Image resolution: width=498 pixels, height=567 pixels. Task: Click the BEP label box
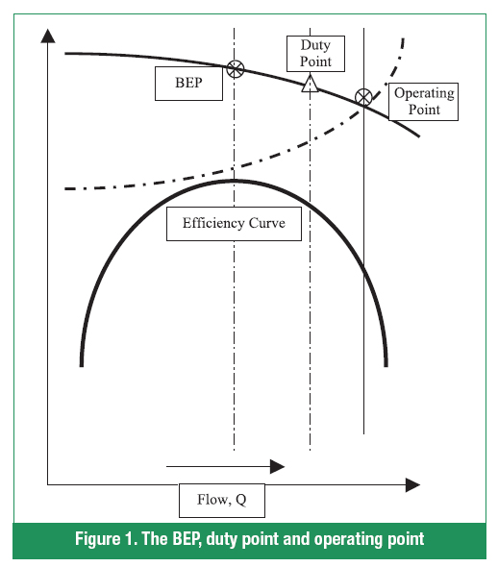(188, 84)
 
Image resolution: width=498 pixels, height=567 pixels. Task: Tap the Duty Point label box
(315, 54)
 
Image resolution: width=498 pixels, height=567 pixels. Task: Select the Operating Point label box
(423, 102)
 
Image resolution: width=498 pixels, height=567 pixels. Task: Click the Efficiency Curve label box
(234, 224)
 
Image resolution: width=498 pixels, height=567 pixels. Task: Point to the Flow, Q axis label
(222, 501)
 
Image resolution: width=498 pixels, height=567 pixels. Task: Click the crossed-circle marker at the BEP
(236, 68)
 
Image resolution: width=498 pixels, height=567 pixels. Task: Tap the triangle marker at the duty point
(310, 84)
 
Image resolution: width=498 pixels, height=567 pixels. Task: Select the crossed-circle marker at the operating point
(363, 97)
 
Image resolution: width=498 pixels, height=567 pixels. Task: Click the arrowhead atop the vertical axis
(48, 37)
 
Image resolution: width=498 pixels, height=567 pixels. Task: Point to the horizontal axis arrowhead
(412, 485)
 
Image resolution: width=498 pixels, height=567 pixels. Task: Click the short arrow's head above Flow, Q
(278, 466)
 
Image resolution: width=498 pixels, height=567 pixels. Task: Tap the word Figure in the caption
(97, 539)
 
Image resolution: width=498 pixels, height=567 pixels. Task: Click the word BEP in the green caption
(186, 539)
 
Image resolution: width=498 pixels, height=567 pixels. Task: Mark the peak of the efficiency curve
(235, 180)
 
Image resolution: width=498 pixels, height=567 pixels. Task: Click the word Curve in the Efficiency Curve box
(267, 223)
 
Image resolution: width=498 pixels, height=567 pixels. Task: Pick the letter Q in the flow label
(241, 500)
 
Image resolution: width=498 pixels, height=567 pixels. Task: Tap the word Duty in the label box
(315, 45)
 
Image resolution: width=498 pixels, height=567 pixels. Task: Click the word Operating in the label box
(424, 93)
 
